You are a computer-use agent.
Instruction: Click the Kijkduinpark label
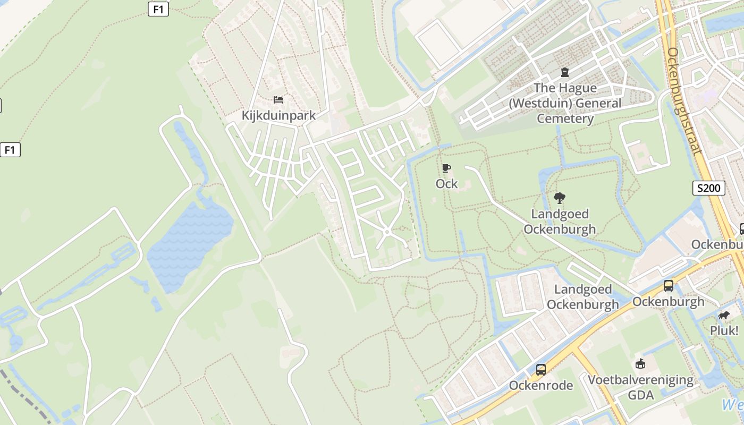[278, 115]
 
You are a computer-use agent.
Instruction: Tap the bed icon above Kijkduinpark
[278, 99]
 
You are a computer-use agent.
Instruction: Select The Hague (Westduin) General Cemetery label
[565, 103]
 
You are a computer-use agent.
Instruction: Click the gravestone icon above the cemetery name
[565, 72]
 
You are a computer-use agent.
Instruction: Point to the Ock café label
[446, 184]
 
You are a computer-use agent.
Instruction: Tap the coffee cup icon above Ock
[446, 168]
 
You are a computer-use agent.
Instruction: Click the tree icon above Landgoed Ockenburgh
[559, 198]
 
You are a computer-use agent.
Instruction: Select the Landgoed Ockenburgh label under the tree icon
[560, 222]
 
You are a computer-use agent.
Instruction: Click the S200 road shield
[709, 188]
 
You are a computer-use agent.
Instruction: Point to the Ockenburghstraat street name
[684, 101]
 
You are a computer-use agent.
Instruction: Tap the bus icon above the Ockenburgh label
[668, 286]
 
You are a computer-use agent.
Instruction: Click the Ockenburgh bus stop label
[668, 301]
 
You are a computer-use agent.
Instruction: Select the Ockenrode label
[540, 385]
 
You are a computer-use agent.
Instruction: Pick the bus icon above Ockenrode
[540, 369]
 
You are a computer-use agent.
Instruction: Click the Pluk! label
[724, 330]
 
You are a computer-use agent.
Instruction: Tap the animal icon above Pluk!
[724, 316]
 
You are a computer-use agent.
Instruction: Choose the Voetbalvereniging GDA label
[640, 387]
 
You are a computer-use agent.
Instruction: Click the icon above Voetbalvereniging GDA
[640, 364]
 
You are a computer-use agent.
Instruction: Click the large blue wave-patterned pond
[189, 242]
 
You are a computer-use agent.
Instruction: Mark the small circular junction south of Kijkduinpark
[387, 232]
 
